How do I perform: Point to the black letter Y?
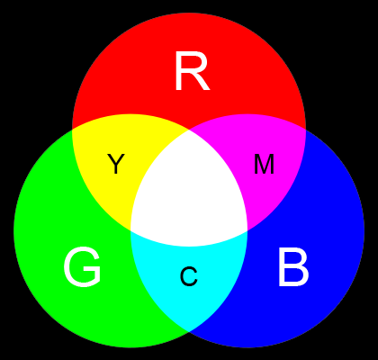coord(116,164)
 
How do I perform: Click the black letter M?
coord(264,164)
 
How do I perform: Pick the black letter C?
coord(189,276)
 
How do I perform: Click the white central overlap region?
coord(189,192)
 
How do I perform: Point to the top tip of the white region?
coord(189,130)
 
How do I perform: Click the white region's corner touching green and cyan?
coord(130,230)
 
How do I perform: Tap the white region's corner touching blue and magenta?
coord(247,230)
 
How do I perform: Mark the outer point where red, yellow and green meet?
coord(72,130)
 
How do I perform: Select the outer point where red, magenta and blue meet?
coord(306,130)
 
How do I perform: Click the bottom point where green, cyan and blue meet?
coord(189,331)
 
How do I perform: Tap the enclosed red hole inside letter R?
coord(191,63)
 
